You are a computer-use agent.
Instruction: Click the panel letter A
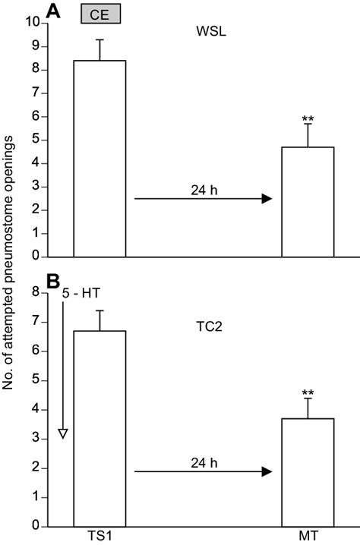(54, 11)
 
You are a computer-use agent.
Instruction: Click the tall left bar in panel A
(99, 159)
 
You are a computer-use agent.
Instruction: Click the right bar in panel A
(308, 202)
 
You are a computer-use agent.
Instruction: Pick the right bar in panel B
(308, 471)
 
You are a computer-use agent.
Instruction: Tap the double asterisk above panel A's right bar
(308, 118)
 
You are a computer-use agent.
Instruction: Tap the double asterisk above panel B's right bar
(308, 393)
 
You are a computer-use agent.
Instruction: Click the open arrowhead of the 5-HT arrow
(63, 433)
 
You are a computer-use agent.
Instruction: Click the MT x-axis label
(308, 536)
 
